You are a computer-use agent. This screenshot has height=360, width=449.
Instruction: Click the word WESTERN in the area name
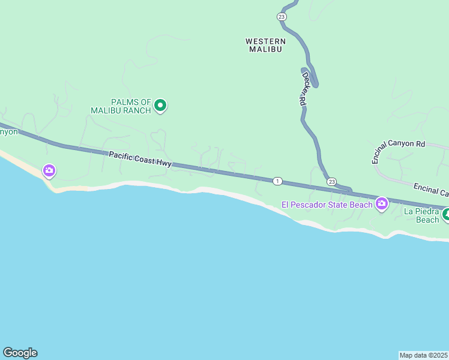265,41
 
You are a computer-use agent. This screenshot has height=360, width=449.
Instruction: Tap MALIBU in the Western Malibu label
265,49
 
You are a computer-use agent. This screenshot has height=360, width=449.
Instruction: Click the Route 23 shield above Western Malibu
282,17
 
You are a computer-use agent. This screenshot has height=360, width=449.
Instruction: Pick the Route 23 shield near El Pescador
331,181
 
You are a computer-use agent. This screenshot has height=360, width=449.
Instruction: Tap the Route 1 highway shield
277,181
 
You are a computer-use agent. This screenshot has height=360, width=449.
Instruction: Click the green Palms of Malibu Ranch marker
160,106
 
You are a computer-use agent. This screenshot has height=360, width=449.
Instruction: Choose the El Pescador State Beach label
327,205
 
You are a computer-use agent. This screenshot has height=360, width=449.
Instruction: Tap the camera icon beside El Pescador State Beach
381,205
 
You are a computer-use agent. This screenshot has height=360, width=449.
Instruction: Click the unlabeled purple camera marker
49,171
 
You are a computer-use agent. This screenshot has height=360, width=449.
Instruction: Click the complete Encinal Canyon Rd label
398,152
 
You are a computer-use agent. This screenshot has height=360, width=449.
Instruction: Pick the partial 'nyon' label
9,131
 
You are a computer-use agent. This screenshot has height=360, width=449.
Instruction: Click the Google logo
20,353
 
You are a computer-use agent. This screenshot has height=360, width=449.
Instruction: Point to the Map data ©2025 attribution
424,355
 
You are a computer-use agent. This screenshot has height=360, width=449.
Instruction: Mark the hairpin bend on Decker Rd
315,83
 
